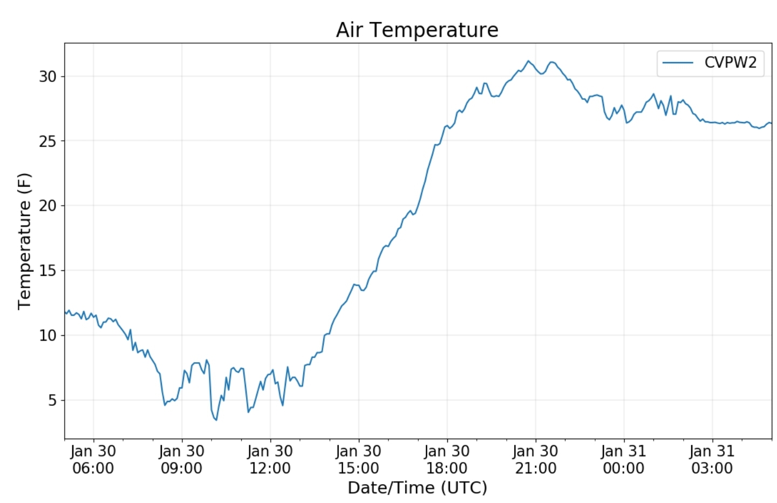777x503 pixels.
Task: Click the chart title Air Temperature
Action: click(x=417, y=30)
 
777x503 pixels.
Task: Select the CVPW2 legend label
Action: click(x=730, y=63)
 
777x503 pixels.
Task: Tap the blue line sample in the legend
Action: click(x=678, y=63)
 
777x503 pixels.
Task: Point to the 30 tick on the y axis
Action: click(x=47, y=76)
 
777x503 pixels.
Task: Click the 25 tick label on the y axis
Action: click(x=47, y=141)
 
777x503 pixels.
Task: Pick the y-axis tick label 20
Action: click(x=47, y=206)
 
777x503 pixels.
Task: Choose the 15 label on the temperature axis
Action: click(x=47, y=270)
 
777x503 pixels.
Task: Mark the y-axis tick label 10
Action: click(x=47, y=335)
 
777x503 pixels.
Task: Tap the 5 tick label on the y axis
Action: click(x=52, y=400)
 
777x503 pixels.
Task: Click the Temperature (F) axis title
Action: click(x=24, y=241)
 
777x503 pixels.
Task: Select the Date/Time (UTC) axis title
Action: click(x=417, y=487)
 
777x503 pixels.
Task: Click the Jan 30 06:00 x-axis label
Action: click(x=93, y=459)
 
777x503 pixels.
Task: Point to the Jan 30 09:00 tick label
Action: click(x=182, y=459)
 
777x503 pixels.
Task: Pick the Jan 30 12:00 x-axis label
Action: click(x=270, y=459)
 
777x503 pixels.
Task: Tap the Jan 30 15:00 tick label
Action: click(x=359, y=459)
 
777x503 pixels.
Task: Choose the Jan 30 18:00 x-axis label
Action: click(x=447, y=459)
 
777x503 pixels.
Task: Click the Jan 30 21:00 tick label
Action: click(x=536, y=459)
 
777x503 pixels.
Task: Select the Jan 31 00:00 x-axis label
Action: click(x=624, y=459)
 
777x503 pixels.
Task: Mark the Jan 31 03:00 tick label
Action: click(x=712, y=459)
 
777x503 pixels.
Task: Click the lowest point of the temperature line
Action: click(x=216, y=420)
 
